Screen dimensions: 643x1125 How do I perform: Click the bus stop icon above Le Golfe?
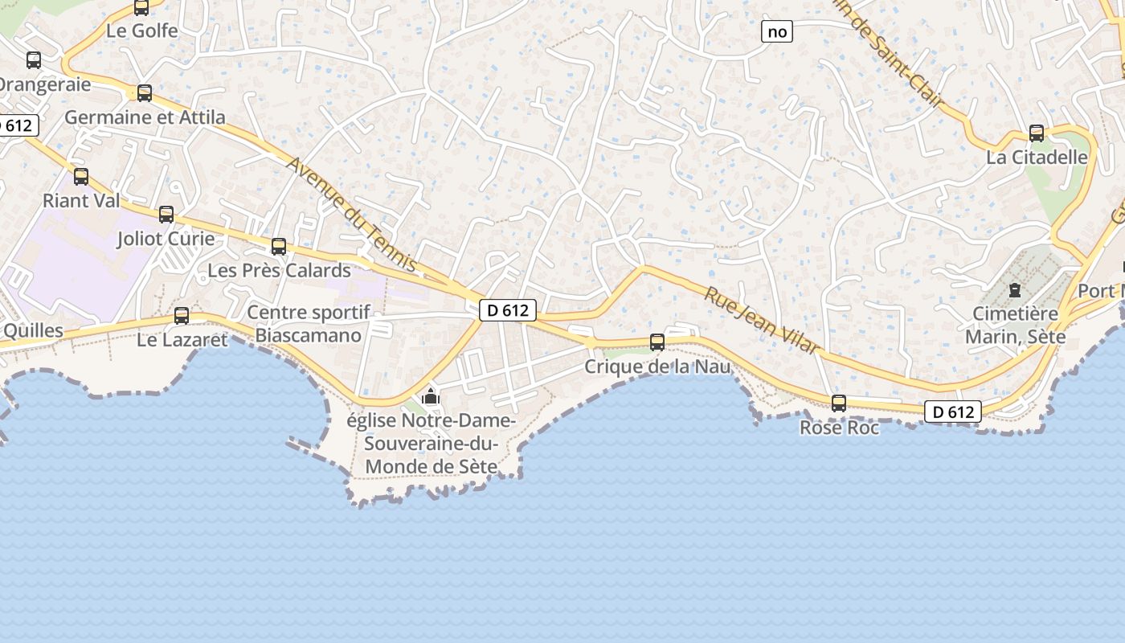pos(141,8)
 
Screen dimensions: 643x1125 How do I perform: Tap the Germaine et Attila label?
pos(145,117)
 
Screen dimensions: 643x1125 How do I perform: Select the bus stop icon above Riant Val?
pos(81,177)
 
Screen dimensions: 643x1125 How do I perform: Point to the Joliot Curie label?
pos(166,239)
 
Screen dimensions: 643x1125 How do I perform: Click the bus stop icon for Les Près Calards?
pos(279,247)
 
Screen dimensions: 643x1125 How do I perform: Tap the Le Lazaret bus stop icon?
pos(182,316)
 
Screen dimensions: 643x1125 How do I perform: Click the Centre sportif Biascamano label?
pos(309,324)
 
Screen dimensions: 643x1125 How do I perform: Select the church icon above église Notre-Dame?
pos(431,396)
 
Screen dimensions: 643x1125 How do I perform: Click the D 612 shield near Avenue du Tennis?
pos(508,310)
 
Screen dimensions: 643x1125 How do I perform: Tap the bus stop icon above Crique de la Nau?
pos(657,342)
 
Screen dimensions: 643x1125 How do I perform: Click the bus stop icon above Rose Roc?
pos(839,403)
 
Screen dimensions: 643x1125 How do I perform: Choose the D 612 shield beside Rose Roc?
pos(953,412)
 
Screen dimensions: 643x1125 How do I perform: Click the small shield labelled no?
pos(777,31)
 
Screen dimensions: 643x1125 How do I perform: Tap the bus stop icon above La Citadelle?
pos(1037,133)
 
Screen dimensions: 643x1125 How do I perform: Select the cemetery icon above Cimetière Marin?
pos(1014,289)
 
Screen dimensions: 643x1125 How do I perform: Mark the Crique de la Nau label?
pos(657,367)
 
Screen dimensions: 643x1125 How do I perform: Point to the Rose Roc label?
pos(839,428)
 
